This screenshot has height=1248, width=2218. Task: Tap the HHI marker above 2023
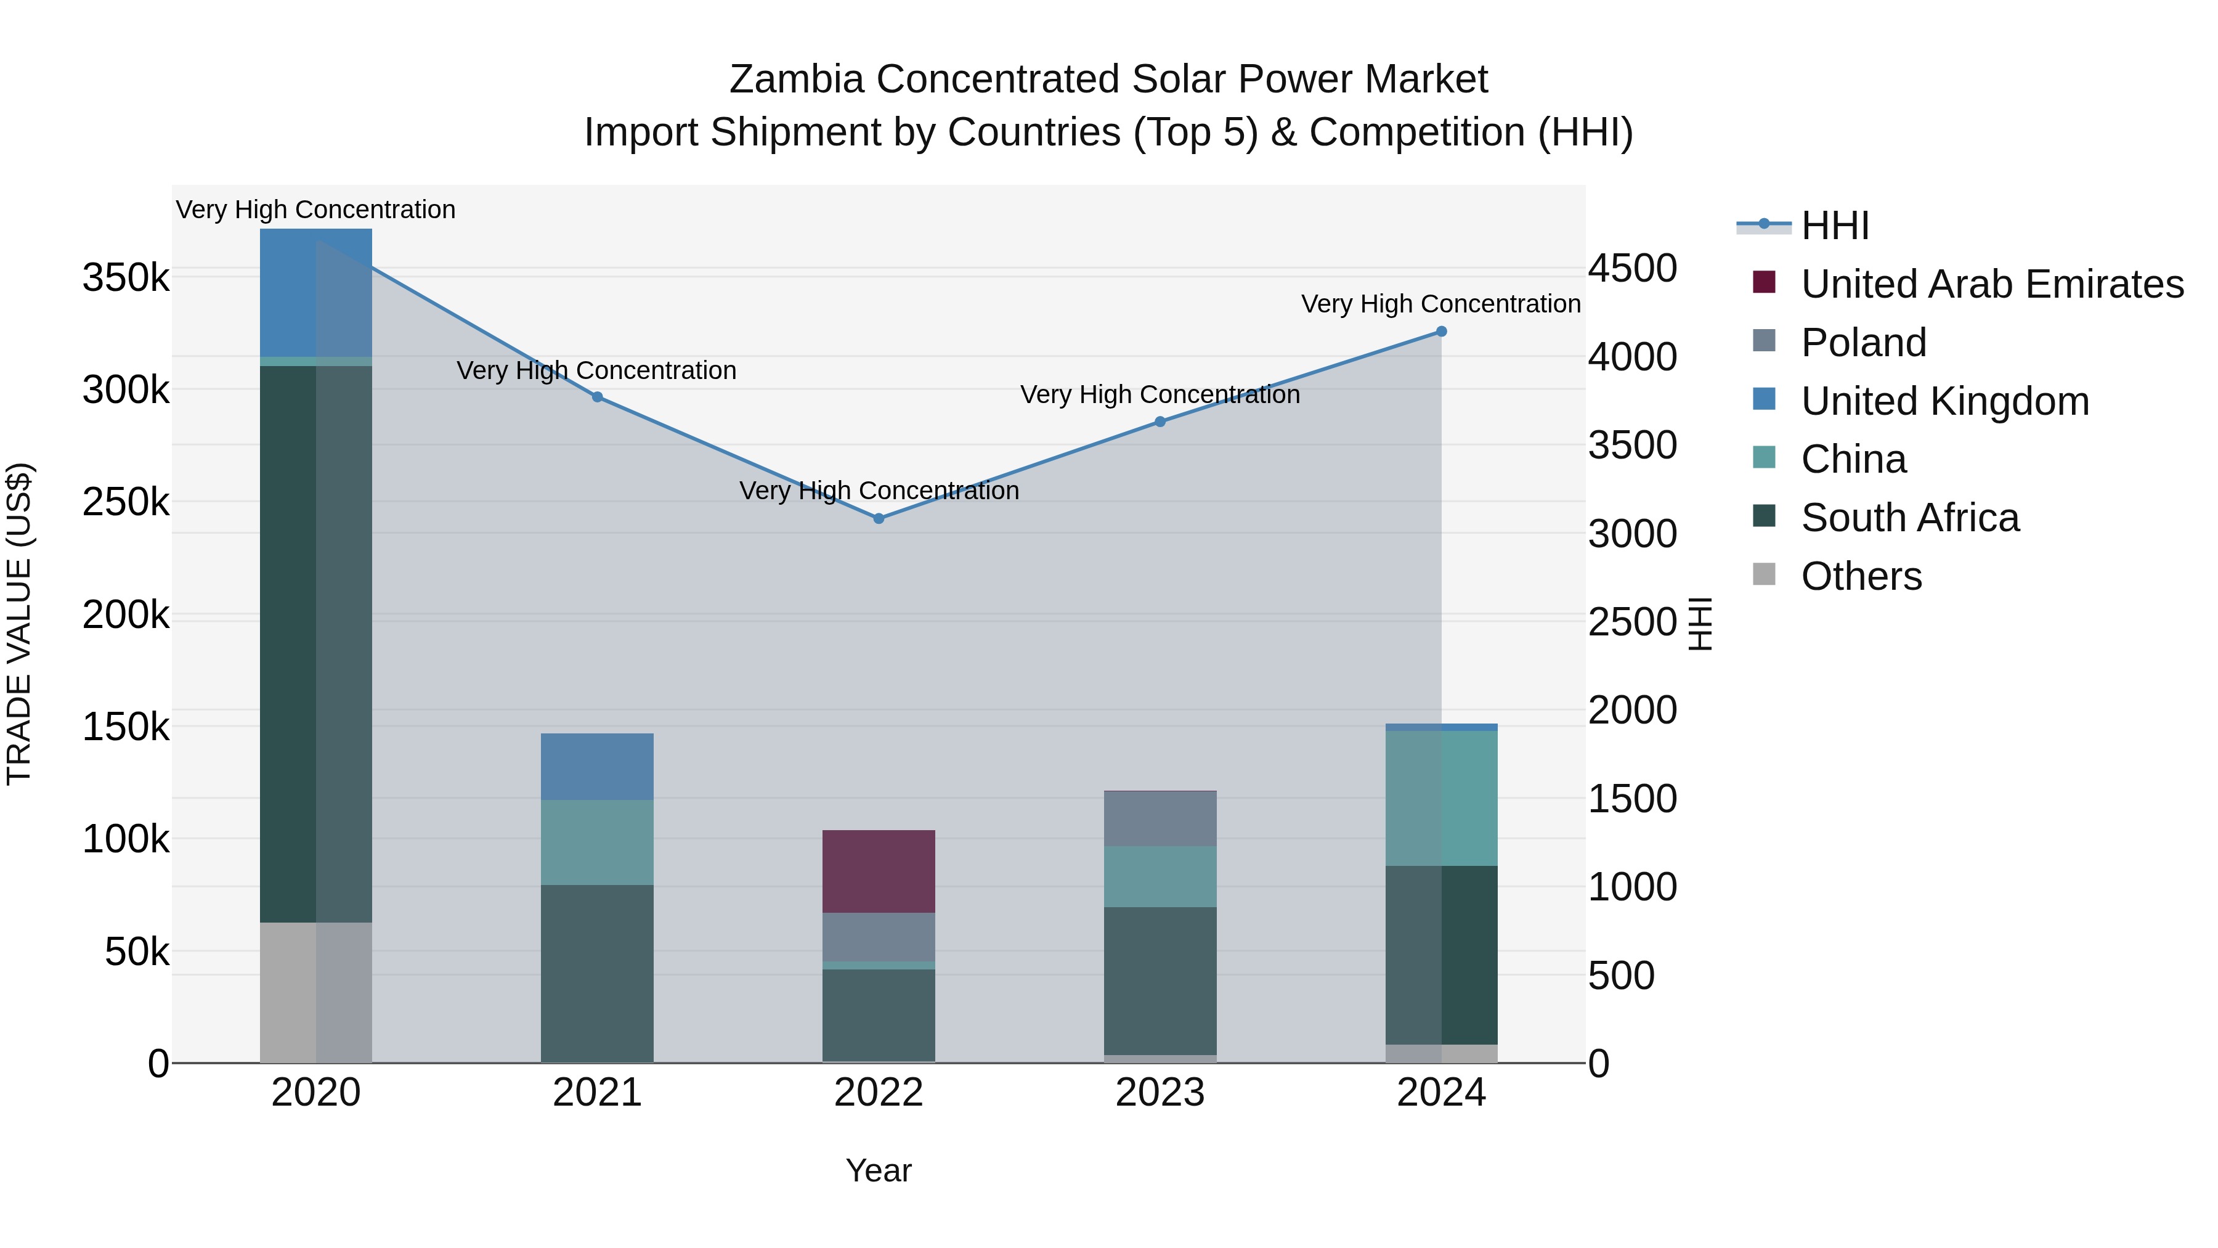pyautogui.click(x=1160, y=422)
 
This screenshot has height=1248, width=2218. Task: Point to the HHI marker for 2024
pyautogui.click(x=1441, y=332)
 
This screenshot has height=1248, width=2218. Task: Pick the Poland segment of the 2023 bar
pyautogui.click(x=1160, y=818)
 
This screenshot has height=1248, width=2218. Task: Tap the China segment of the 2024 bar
pyautogui.click(x=1441, y=797)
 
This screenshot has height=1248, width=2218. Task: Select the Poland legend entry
pyautogui.click(x=1863, y=343)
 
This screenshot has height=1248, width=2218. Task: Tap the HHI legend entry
pyautogui.click(x=1834, y=226)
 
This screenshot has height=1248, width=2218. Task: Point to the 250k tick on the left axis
pyautogui.click(x=126, y=501)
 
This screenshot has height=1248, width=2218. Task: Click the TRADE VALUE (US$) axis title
pyautogui.click(x=19, y=624)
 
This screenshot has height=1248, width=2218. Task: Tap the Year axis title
pyautogui.click(x=878, y=1170)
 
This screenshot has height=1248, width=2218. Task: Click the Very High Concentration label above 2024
pyautogui.click(x=1440, y=304)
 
